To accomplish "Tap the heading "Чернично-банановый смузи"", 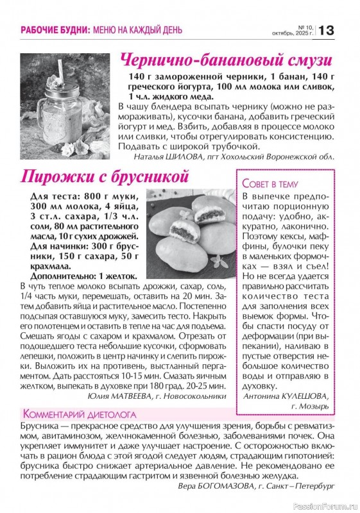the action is [x=227, y=61].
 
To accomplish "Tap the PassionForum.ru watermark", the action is [x=325, y=506].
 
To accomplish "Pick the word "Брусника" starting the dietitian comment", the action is [x=42, y=426].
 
